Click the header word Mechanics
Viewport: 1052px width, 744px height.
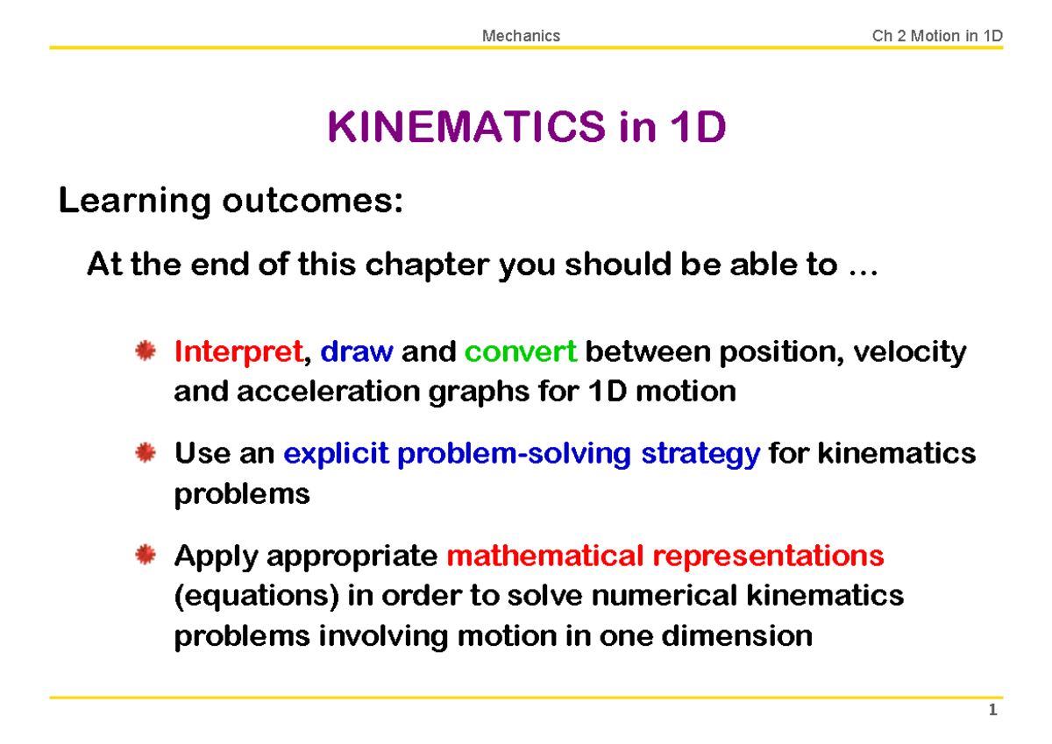(521, 36)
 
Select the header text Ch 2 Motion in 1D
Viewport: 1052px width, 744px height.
(936, 36)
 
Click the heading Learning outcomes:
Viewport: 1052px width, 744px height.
(231, 202)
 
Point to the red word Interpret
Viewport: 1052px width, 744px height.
(238, 352)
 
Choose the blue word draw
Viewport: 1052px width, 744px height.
(357, 352)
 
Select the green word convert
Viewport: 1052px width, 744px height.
(520, 352)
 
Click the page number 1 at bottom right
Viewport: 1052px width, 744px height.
(992, 711)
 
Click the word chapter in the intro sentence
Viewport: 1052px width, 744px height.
(426, 265)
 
